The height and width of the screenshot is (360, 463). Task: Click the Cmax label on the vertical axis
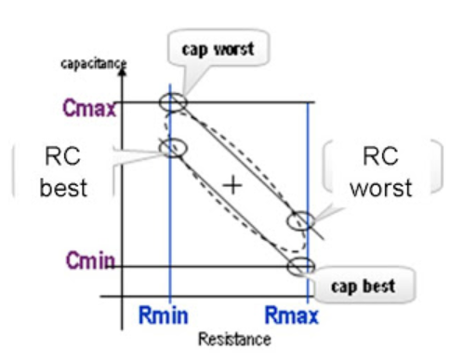coord(89,108)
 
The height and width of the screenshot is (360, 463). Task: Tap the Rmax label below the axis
coord(292,317)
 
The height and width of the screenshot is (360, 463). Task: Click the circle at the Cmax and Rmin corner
coord(173,101)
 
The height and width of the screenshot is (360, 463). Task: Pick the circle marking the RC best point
coord(173,147)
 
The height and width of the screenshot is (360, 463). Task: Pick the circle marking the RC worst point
coord(299,221)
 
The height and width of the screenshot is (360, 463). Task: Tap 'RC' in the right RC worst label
coord(381,159)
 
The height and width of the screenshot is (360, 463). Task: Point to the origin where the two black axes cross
coord(123,297)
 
